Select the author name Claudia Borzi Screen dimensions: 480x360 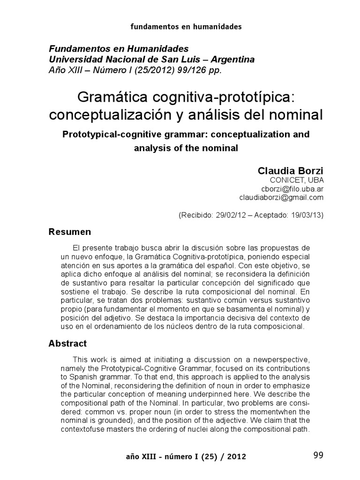[x=291, y=171]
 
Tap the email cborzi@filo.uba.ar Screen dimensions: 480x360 [x=295, y=189]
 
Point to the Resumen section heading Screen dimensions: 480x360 [x=70, y=232]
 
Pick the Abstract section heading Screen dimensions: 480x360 [x=68, y=344]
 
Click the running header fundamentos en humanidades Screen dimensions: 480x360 [x=186, y=27]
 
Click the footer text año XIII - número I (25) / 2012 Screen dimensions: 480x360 [x=187, y=456]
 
